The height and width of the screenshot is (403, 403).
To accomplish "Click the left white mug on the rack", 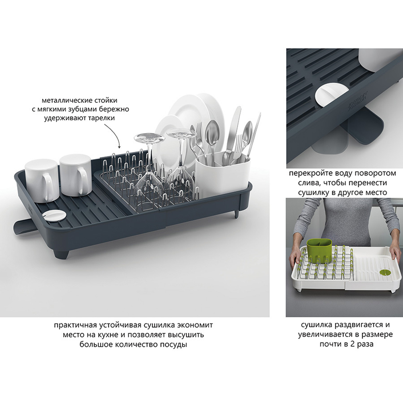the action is click(42, 181).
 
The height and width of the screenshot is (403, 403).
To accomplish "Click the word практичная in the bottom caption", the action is click(75, 325).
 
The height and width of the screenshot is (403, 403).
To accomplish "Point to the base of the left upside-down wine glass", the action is click(150, 138).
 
